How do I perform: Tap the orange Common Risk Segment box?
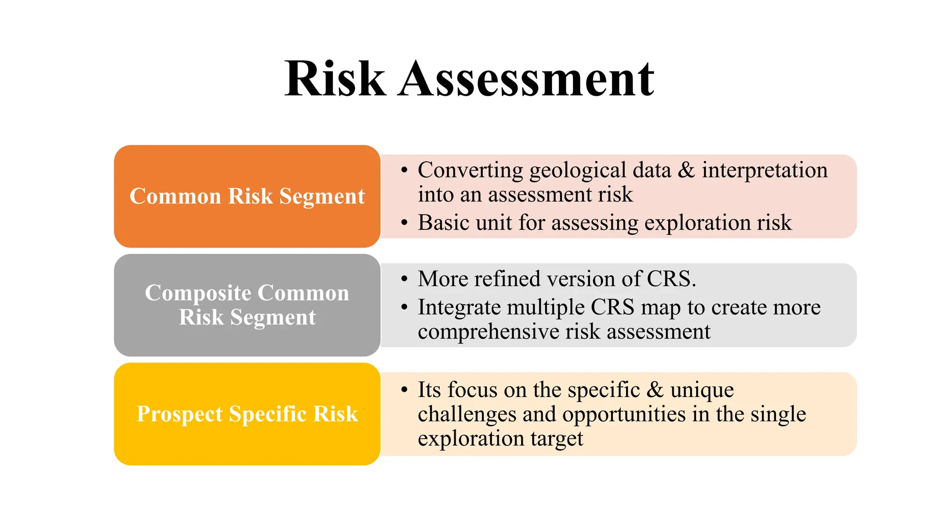247,196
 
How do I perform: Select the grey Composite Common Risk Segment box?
247,305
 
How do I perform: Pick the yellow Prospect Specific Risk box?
247,414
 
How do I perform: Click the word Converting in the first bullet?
470,170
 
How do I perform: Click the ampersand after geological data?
686,170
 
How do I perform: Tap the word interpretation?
764,170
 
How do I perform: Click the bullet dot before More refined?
404,279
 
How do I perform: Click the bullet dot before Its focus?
404,390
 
